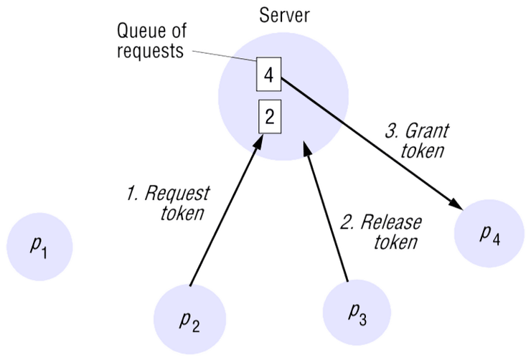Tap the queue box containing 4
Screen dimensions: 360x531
pyautogui.click(x=268, y=75)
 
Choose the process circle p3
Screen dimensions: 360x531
pyautogui.click(x=356, y=311)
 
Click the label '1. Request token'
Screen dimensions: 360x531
pyautogui.click(x=169, y=202)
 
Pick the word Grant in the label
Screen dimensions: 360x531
pyautogui.click(x=428, y=131)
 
